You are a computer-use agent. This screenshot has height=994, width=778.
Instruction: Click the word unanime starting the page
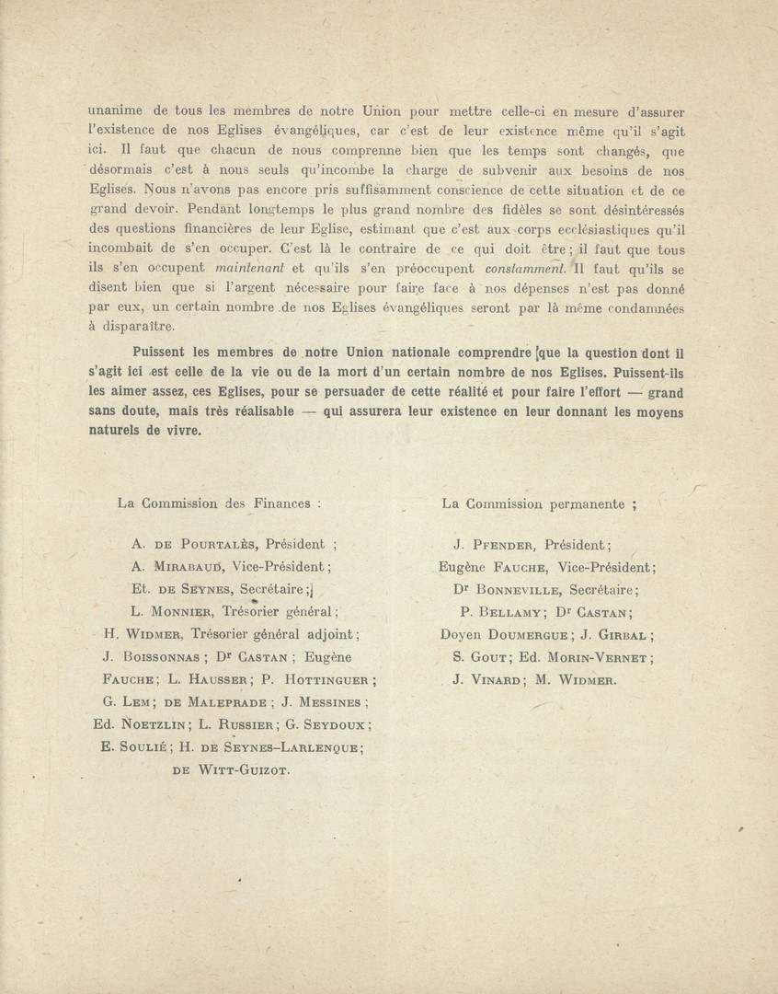pyautogui.click(x=117, y=111)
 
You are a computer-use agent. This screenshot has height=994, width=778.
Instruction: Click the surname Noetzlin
pyautogui.click(x=152, y=724)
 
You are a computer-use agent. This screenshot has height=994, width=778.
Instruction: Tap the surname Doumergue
pyautogui.click(x=531, y=634)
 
